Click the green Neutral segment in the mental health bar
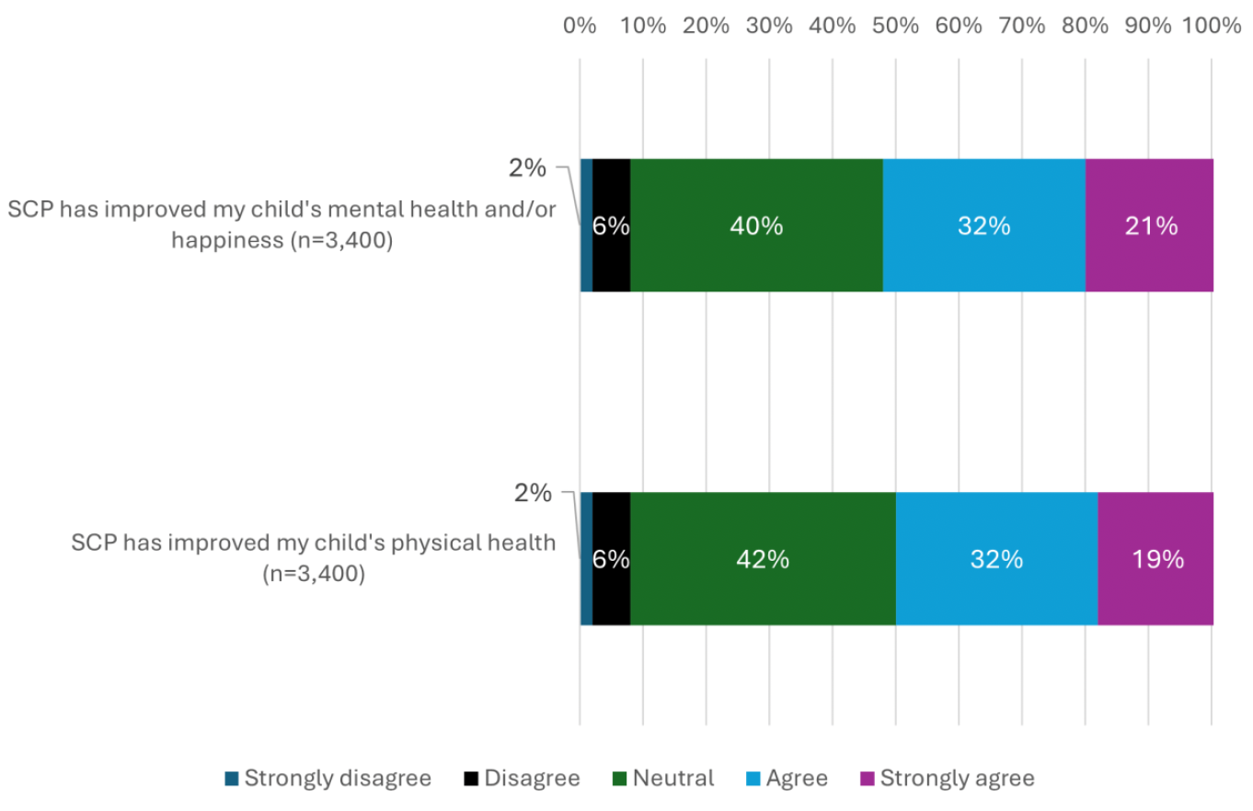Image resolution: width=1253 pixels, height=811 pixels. tap(756, 225)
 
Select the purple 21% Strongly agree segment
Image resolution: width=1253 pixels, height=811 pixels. tap(1149, 225)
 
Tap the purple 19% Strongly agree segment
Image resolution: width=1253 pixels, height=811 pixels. tap(1155, 559)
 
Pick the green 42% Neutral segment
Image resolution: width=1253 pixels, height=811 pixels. tap(763, 559)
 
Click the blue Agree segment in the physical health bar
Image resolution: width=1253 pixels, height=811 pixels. tap(996, 559)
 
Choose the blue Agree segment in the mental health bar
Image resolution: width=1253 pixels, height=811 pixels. tap(983, 225)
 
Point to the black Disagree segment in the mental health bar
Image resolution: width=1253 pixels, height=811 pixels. tap(611, 225)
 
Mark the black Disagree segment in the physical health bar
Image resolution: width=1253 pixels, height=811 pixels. tap(611, 559)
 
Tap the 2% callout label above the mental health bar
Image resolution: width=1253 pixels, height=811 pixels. tap(527, 168)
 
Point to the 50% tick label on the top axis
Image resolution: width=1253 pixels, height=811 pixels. tap(895, 26)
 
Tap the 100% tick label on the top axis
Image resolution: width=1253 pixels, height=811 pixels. tap(1211, 26)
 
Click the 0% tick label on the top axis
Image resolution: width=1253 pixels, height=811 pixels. tap(580, 26)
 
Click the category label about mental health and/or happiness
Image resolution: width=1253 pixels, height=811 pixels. tap(282, 225)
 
